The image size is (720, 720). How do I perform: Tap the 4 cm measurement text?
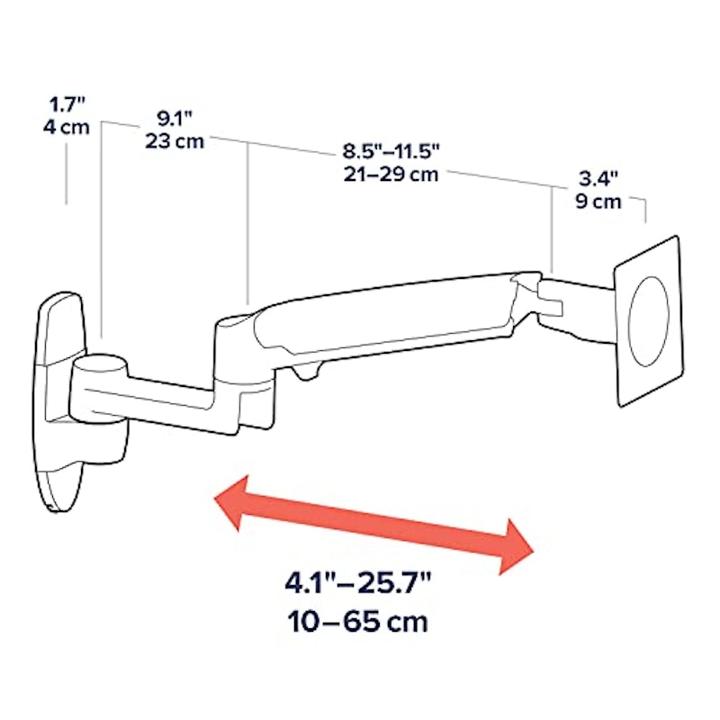(67, 127)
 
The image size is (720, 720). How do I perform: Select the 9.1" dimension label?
(175, 119)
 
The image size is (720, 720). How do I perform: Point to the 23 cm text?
(175, 141)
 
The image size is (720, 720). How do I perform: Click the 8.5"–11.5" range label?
(391, 151)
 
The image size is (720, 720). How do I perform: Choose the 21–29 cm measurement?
(391, 174)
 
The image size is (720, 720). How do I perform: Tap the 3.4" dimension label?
(598, 178)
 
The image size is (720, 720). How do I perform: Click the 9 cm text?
(598, 202)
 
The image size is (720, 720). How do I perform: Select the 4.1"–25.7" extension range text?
(357, 583)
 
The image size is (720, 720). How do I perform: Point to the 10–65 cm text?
(357, 622)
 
